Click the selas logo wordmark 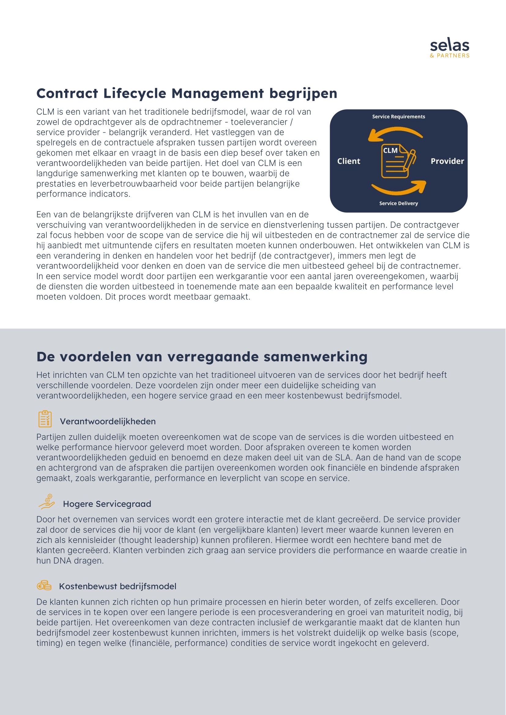(x=449, y=46)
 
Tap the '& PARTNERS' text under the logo (x=449, y=56)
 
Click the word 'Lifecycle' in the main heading (x=135, y=94)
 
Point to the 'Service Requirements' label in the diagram (x=398, y=116)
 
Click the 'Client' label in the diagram (x=348, y=161)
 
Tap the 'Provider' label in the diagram (x=447, y=161)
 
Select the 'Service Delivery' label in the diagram (x=398, y=203)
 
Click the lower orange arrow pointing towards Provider (x=400, y=189)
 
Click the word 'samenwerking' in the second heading (x=315, y=356)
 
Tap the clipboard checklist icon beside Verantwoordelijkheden (x=45, y=419)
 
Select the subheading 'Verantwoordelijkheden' (x=107, y=421)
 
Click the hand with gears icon (x=47, y=501)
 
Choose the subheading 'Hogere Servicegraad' (x=107, y=504)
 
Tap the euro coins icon (x=44, y=585)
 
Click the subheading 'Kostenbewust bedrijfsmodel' (x=117, y=586)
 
